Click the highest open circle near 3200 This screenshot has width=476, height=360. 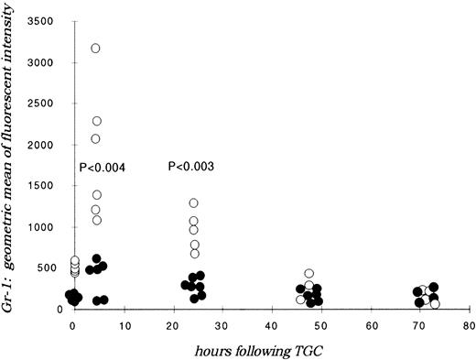tap(95, 48)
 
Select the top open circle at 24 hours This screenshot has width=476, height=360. tap(194, 203)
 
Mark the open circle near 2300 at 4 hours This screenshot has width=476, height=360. tap(97, 121)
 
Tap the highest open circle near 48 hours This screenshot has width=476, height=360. tap(309, 274)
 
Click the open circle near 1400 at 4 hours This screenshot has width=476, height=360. tap(97, 195)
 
